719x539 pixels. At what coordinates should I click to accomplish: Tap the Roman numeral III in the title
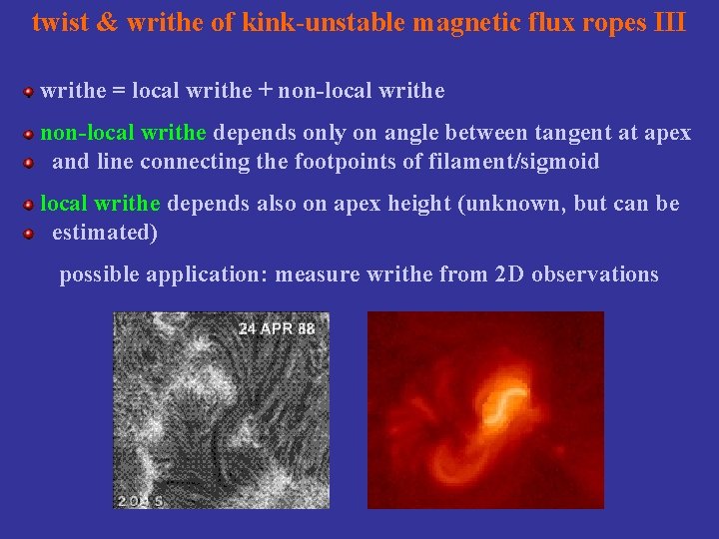(668, 22)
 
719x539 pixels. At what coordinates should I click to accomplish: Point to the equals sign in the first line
(119, 91)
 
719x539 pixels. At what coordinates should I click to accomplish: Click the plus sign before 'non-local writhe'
(265, 91)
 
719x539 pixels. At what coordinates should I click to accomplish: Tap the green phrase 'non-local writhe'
(123, 133)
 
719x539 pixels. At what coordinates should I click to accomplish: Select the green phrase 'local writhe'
(100, 204)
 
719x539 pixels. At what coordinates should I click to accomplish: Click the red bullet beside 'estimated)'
(30, 234)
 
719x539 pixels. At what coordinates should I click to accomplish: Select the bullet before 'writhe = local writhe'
(30, 92)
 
